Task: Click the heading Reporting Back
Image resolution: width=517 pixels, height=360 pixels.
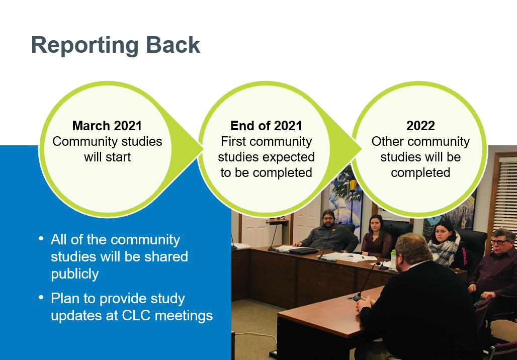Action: [x=116, y=45]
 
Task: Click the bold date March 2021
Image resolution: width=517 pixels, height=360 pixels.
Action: [x=107, y=126]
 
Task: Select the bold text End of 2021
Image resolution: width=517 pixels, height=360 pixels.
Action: [x=266, y=126]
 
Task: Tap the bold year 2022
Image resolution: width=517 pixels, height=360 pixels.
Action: [x=420, y=126]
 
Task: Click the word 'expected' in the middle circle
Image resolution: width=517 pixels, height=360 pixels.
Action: [x=291, y=157]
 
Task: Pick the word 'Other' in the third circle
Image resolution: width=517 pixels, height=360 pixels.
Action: [x=388, y=142]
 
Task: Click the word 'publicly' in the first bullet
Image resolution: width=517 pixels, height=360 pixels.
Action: [x=75, y=274]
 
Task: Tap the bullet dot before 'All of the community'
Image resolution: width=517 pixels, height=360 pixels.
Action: [x=41, y=238]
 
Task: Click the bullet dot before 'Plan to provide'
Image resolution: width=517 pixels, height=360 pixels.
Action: [x=41, y=298]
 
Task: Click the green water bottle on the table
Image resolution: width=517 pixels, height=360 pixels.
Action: [x=393, y=258]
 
